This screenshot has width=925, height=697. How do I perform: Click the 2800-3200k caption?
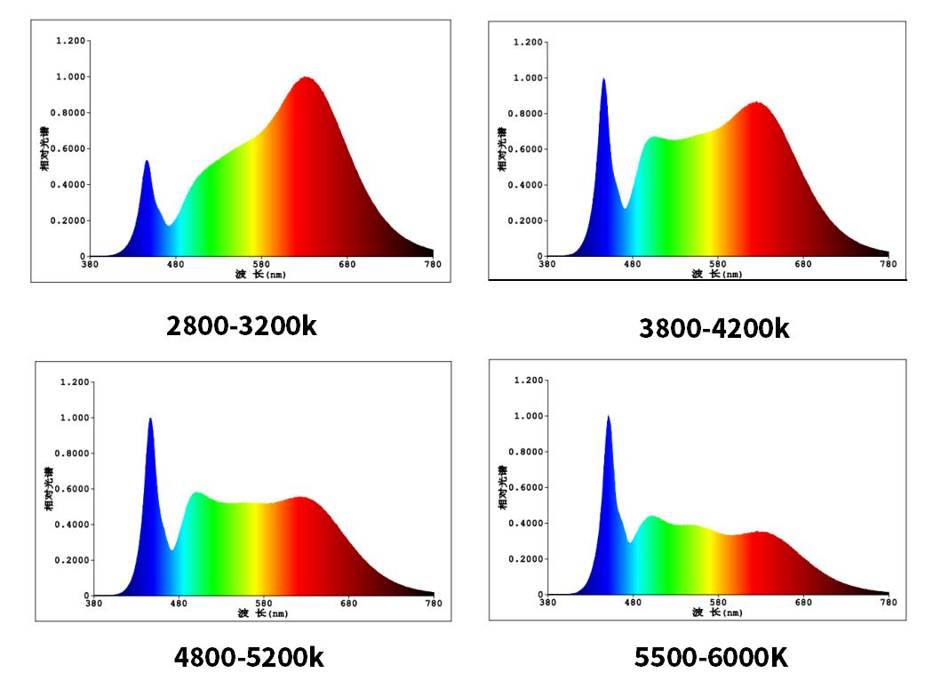tap(241, 325)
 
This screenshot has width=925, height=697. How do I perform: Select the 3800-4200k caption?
tap(714, 329)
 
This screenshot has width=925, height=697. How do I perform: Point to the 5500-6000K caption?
tap(711, 658)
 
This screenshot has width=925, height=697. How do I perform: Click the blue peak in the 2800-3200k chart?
tap(147, 162)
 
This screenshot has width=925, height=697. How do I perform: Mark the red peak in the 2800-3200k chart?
tap(306, 78)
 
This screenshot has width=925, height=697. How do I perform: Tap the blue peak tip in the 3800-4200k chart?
tap(603, 80)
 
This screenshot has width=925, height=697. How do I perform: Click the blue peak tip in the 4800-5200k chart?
tap(150, 419)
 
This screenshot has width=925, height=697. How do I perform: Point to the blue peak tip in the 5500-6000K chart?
tap(608, 417)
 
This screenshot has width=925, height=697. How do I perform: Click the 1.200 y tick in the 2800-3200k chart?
tap(70, 41)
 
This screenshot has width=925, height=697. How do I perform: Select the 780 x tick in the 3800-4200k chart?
tap(889, 264)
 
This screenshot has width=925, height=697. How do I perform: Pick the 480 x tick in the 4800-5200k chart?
tap(179, 604)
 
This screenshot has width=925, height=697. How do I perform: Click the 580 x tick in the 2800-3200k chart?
tap(261, 264)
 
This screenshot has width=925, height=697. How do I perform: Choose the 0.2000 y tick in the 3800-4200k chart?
tap(525, 220)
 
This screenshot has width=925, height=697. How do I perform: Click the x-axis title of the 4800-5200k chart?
tap(262, 613)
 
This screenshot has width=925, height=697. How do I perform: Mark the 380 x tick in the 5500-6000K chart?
tap(547, 602)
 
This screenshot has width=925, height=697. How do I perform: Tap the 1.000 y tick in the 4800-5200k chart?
tap(74, 418)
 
